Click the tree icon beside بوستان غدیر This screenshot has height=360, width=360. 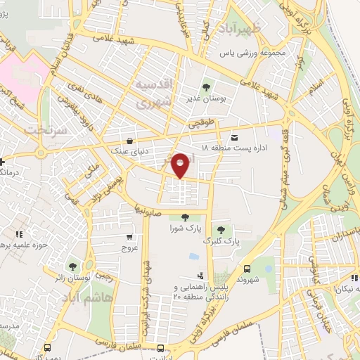(x=206, y=88)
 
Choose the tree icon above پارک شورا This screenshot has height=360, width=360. (x=184, y=217)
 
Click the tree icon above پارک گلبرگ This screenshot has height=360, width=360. (x=221, y=229)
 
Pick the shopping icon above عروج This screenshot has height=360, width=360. (x=129, y=237)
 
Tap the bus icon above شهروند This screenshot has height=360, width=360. (x=246, y=269)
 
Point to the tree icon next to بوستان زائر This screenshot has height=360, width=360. (x=72, y=266)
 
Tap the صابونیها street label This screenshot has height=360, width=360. (x=150, y=209)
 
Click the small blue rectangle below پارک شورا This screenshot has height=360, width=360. (x=193, y=255)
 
